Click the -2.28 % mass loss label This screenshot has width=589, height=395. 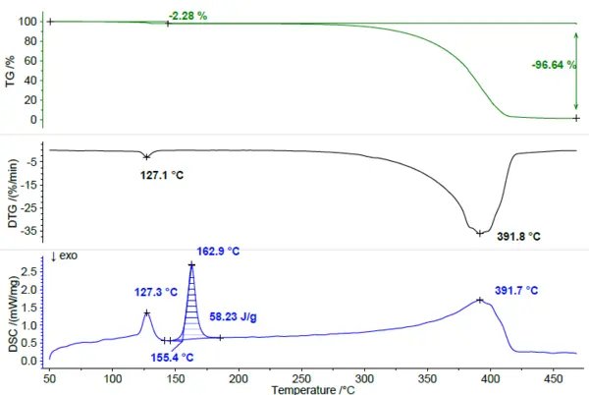[x=187, y=16]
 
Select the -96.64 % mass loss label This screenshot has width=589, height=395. [x=554, y=65]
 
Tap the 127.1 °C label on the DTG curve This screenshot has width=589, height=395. [x=162, y=175]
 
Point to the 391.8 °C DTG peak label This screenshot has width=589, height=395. [x=518, y=237]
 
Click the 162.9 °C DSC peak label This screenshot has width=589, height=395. [x=218, y=252]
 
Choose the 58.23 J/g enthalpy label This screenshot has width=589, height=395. [x=233, y=316]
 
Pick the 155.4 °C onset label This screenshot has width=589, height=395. [x=172, y=357]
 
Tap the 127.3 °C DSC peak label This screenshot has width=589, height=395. [x=156, y=292]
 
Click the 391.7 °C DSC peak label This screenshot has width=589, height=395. [x=516, y=291]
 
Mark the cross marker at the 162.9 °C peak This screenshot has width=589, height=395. [x=192, y=265]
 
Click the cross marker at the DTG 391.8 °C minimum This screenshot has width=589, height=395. [x=480, y=234]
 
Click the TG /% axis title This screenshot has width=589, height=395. [x=10, y=72]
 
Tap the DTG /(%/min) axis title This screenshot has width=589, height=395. [x=13, y=194]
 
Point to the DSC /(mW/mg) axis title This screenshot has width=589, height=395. [x=14, y=314]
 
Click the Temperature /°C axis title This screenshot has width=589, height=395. [x=313, y=390]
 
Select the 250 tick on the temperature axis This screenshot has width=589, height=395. [x=301, y=378]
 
